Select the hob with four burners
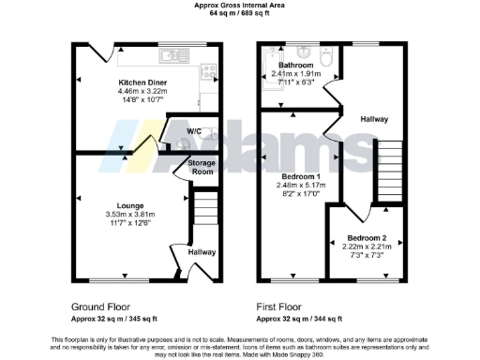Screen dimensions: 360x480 point(209,69)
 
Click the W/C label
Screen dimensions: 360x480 point(195,131)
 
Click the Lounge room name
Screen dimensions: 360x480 point(129,204)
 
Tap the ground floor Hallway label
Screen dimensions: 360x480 point(202,251)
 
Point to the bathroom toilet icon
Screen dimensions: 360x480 point(325,60)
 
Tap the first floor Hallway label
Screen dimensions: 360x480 point(374,119)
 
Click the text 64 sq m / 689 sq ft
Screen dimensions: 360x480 point(240,13)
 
